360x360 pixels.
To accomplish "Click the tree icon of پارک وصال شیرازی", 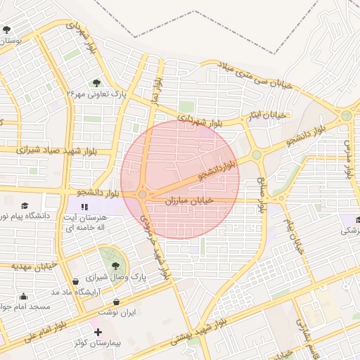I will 115,266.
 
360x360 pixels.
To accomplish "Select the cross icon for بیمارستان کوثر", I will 98,331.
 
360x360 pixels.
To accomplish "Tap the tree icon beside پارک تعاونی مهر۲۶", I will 96,82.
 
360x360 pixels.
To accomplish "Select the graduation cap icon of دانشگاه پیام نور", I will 25,205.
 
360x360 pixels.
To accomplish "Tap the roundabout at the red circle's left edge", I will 142,193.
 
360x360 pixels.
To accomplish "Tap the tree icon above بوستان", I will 7,30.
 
